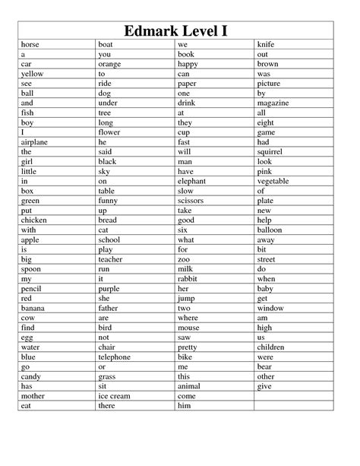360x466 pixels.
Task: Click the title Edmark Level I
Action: [180, 31]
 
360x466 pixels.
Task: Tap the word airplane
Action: [36, 141]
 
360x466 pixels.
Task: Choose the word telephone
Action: [115, 357]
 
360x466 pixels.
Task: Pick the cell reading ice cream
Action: [114, 396]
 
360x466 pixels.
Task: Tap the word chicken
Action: [35, 220]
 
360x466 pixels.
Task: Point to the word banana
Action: [33, 308]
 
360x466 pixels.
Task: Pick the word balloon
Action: [270, 230]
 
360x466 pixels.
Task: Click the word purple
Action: [110, 288]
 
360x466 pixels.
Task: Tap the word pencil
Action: [33, 288]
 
